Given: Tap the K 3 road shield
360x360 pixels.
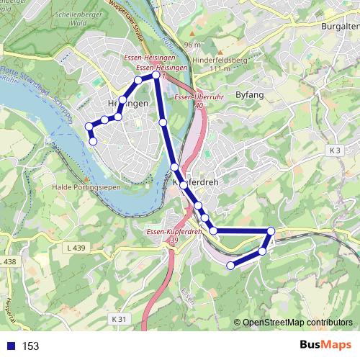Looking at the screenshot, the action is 334,150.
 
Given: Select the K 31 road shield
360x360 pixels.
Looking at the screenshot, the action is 119,318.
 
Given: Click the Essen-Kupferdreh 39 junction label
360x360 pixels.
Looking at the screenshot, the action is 171,235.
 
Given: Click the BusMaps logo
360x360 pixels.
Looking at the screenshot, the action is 325,346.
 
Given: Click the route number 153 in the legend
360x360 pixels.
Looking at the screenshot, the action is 30,346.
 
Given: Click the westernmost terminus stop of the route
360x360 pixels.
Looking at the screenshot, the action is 89,127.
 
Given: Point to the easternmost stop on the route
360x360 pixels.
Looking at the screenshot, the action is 271,230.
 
